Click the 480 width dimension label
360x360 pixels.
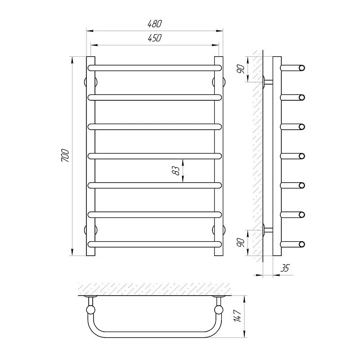pyautogui.click(x=155, y=24)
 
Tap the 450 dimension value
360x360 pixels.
pyautogui.click(x=155, y=38)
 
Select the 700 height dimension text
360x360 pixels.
pyautogui.click(x=65, y=155)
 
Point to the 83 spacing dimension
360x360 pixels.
pyautogui.click(x=176, y=171)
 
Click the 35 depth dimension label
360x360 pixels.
pyautogui.click(x=285, y=268)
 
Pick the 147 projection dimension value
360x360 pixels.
pyautogui.click(x=238, y=316)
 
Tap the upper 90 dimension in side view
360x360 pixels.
pyautogui.click(x=240, y=69)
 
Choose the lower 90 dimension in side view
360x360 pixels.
pyautogui.click(x=240, y=243)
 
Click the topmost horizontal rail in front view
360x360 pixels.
pyautogui.click(x=155, y=68)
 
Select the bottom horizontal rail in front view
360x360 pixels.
pyautogui.click(x=155, y=244)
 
